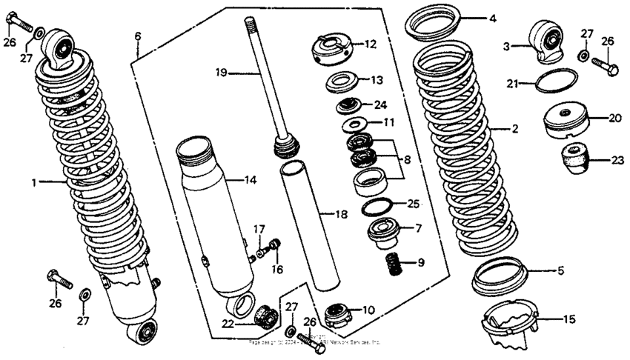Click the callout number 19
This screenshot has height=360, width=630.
coord(219,73)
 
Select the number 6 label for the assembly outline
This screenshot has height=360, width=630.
coord(137,36)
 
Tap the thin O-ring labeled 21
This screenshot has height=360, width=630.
coord(556,81)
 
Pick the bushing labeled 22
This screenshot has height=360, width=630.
coord(263,316)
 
